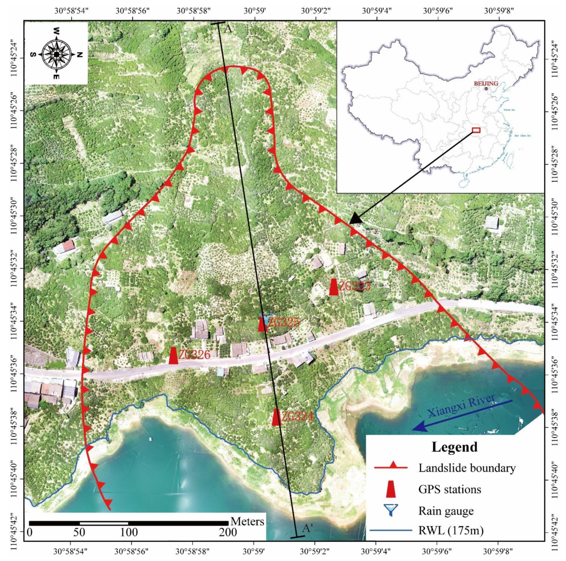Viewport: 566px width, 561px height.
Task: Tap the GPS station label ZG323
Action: coord(355,286)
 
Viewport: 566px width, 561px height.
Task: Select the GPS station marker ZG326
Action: coord(173,356)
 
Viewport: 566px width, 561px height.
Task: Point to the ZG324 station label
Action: coord(297,416)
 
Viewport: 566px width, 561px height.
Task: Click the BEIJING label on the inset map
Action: coord(486,83)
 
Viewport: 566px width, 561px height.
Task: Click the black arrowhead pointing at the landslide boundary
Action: coord(356,218)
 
